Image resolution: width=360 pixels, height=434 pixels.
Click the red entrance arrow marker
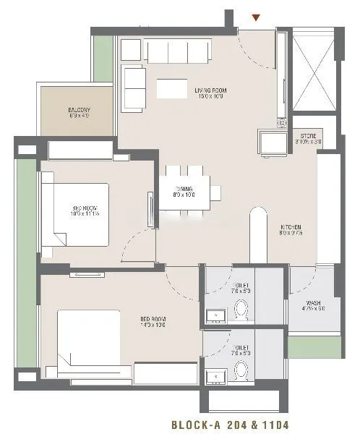coord(255,17)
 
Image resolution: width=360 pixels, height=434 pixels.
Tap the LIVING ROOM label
coord(210,93)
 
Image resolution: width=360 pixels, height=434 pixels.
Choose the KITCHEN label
coord(291,231)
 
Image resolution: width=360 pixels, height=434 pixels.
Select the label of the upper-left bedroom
coord(75,209)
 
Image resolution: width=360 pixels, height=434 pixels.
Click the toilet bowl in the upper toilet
coord(242,310)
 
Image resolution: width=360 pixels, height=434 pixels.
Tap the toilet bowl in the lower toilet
coord(242,371)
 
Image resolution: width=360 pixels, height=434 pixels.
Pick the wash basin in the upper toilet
coord(213,315)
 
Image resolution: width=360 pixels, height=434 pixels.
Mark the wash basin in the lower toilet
coord(213,376)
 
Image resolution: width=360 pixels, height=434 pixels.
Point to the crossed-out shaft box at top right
coord(312,71)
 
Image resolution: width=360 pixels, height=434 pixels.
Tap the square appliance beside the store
coord(273,141)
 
